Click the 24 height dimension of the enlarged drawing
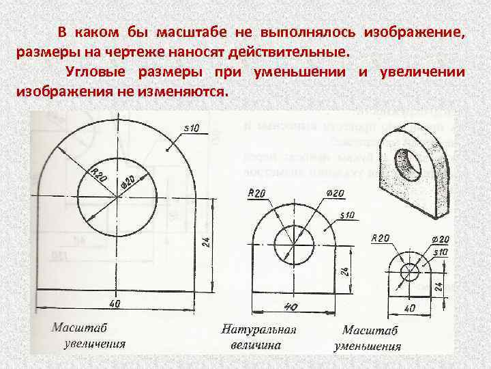point(207,241)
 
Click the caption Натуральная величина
point(258,337)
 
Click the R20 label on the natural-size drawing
point(257,194)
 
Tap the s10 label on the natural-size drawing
point(347,215)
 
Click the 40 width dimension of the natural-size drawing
point(291,306)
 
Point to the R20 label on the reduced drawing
point(380,238)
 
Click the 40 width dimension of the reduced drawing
point(410,308)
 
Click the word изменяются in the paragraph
point(185,92)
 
